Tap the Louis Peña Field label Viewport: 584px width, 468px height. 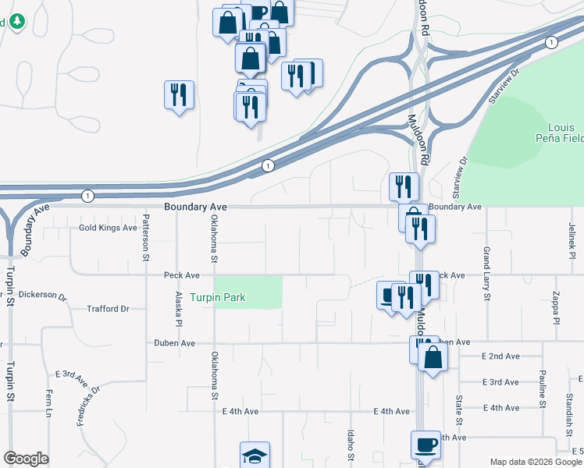(x=561, y=133)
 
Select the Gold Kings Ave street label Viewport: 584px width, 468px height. (x=108, y=228)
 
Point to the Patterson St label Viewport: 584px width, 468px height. (x=145, y=237)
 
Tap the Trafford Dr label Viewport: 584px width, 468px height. (x=109, y=309)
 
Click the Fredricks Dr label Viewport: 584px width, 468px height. (x=87, y=406)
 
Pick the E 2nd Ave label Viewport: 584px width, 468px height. (x=500, y=356)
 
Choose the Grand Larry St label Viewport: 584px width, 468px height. (x=486, y=273)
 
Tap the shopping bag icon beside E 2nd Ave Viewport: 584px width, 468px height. (x=433, y=359)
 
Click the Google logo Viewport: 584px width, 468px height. (x=26, y=459)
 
